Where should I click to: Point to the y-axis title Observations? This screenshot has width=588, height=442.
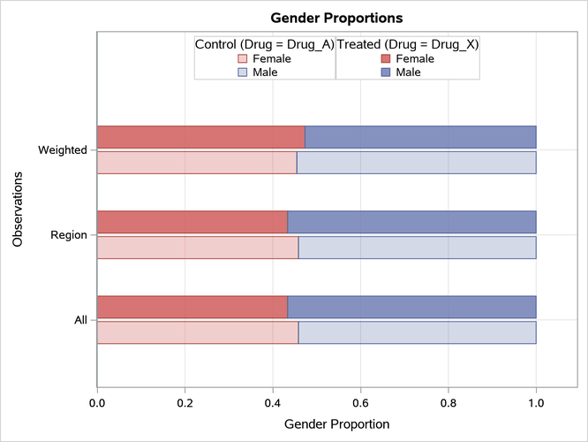click(19, 210)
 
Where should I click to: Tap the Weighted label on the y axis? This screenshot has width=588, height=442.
click(62, 149)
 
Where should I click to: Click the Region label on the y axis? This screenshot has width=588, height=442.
click(68, 235)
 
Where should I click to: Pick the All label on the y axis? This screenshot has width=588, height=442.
click(79, 320)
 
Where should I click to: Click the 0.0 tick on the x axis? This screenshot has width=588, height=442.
click(97, 403)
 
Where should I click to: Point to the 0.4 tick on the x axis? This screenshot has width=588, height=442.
click(273, 403)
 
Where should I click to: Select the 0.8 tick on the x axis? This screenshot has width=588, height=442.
click(449, 403)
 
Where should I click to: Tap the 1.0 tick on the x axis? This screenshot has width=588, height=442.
click(536, 403)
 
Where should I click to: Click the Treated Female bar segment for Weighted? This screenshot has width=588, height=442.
click(200, 137)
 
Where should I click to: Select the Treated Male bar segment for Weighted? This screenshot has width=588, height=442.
click(420, 137)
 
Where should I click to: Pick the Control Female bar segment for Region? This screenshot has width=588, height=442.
click(198, 248)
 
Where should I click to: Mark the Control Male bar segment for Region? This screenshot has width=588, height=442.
click(417, 248)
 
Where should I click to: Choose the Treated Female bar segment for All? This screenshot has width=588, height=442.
click(192, 307)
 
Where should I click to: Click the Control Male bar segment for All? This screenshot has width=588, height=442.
click(417, 332)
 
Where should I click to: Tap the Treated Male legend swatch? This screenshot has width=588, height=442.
click(386, 72)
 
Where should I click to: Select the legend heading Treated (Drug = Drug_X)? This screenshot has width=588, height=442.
click(408, 43)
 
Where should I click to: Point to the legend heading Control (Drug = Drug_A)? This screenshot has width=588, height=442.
click(264, 43)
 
